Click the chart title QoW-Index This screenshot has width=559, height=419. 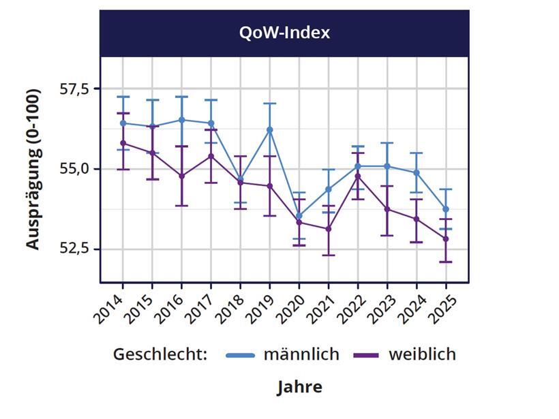284,33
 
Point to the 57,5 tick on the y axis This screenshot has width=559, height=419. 74,89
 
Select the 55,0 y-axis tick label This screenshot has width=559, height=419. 74,168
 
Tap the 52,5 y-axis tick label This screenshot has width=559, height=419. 74,249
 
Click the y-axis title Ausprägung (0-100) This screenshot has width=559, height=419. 33,169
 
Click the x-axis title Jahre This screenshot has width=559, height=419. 299,387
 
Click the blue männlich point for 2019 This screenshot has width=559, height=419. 270,129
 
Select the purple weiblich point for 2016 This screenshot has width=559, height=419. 181,176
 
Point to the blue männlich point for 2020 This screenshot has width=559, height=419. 299,216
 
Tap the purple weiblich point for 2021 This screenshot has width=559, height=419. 329,229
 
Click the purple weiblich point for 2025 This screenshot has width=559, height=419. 447,239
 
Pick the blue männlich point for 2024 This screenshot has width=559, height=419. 417,172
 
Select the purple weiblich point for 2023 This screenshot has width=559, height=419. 387,209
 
